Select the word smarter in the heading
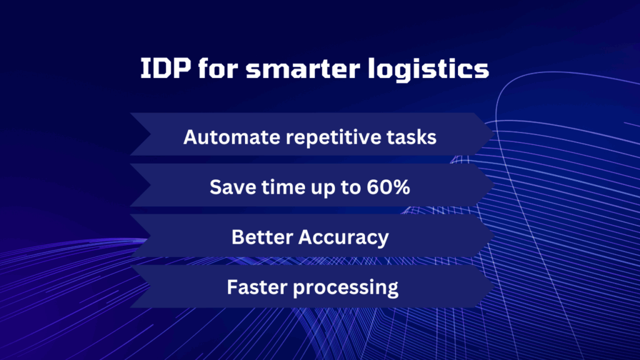303,68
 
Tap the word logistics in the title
428,70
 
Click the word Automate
232,137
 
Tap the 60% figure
388,187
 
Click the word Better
262,237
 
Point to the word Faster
257,287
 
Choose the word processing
345,288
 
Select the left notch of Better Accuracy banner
151,236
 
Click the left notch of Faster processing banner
151,286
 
